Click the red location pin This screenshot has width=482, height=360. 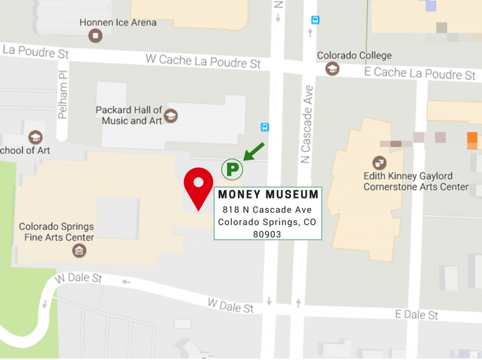click(198, 185)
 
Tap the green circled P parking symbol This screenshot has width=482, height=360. click(231, 169)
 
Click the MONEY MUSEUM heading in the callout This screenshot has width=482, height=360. click(268, 195)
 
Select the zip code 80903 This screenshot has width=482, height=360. click(268, 234)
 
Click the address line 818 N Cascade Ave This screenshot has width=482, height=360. click(267, 210)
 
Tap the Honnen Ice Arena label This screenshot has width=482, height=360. click(118, 23)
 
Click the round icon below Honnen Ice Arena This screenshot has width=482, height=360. click(95, 37)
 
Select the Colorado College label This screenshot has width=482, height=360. click(354, 55)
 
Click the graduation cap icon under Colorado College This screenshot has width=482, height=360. click(332, 69)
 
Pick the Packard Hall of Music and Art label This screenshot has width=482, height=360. click(129, 115)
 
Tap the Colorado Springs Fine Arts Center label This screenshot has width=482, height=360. click(57, 232)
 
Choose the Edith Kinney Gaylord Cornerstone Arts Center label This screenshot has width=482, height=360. click(416, 182)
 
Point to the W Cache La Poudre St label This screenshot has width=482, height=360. click(203, 61)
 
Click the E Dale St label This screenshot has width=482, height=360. click(416, 315)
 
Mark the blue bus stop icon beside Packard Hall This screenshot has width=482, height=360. click(264, 127)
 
